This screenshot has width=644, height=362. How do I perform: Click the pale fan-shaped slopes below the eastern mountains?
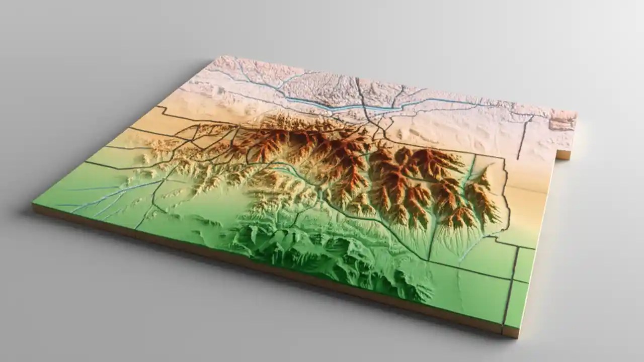coord(448,236)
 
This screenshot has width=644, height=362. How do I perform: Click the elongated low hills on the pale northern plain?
coord(423,133)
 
